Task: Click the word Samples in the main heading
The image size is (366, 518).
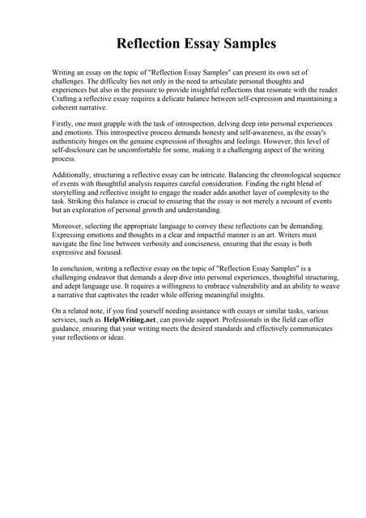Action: [x=242, y=43]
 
